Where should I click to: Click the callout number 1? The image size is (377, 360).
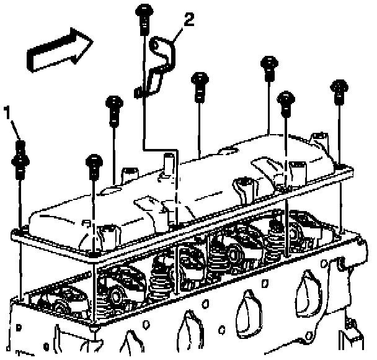coord(7,112)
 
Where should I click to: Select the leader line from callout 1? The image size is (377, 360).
coord(16,128)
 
